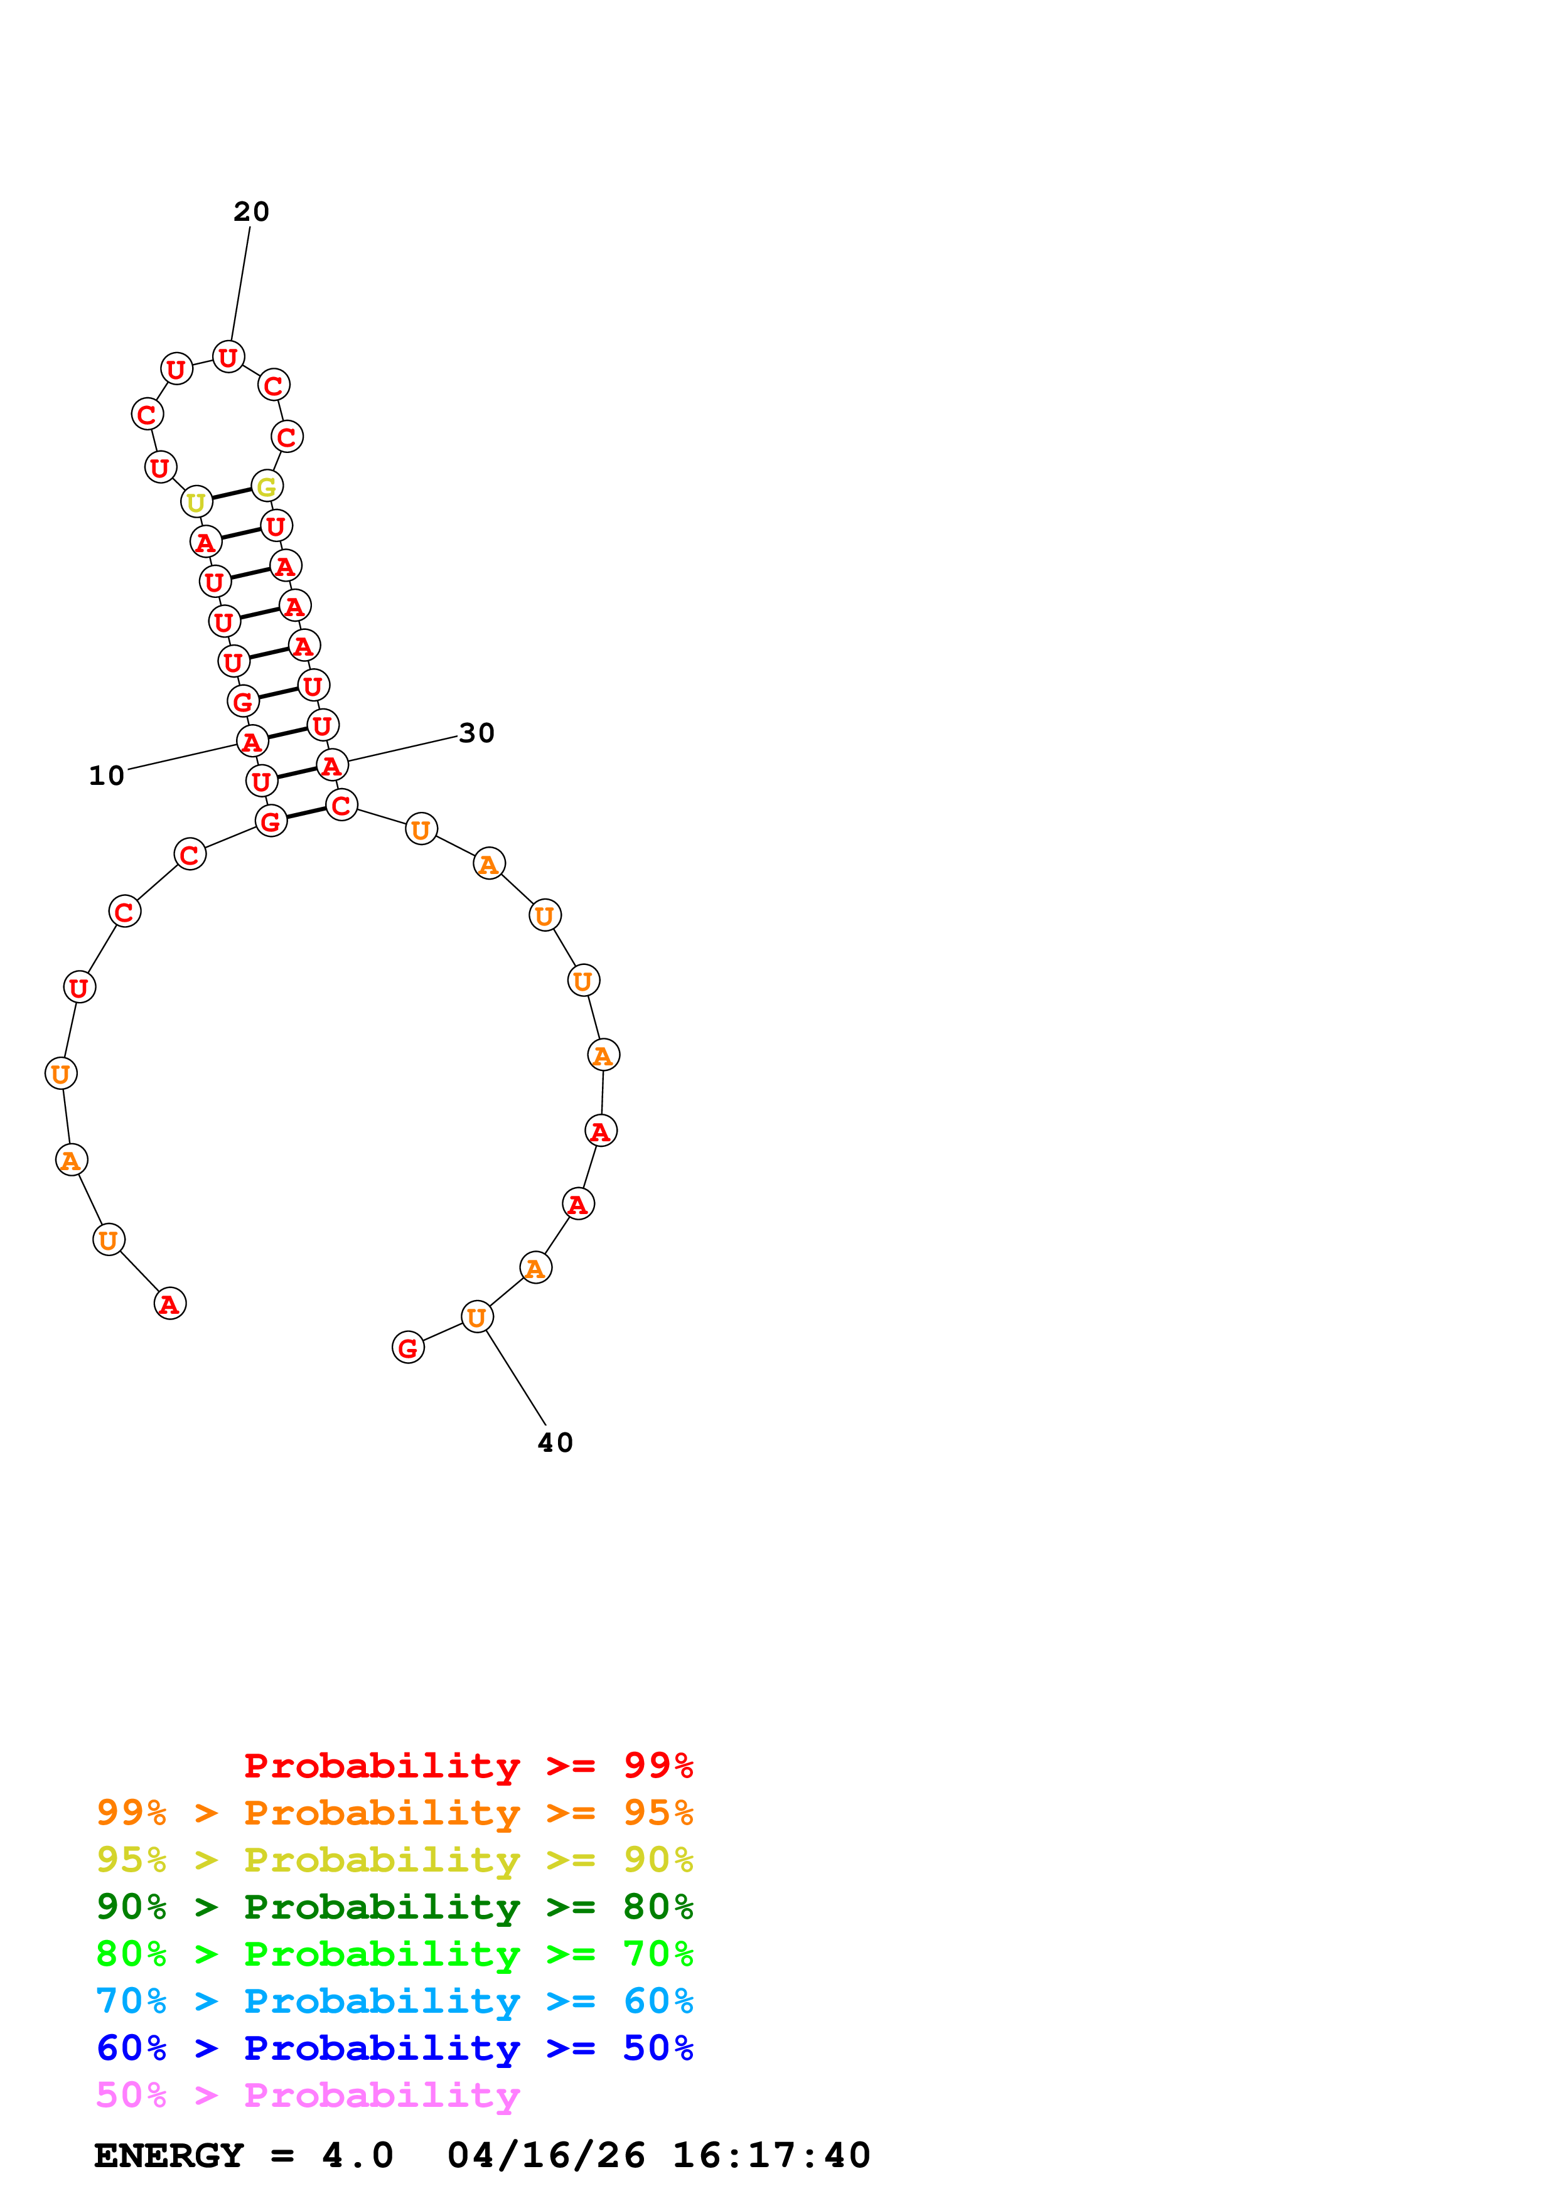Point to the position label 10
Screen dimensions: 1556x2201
pyautogui.click(x=107, y=775)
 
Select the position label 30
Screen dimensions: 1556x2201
pyautogui.click(x=476, y=733)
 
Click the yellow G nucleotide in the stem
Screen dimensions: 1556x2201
pyautogui.click(x=267, y=487)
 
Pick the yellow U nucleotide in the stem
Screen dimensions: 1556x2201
pyautogui.click(x=196, y=503)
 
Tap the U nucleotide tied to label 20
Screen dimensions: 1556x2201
pyautogui.click(x=228, y=358)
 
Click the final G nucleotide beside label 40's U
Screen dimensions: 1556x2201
pyautogui.click(x=409, y=1348)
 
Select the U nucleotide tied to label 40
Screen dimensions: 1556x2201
pyautogui.click(x=476, y=1317)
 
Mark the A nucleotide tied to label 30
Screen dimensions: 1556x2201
pyautogui.click(x=331, y=766)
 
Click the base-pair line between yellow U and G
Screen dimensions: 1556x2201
pyautogui.click(x=231, y=494)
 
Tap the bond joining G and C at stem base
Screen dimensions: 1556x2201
pyautogui.click(x=306, y=813)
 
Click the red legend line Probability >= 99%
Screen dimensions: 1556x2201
pyautogui.click(x=468, y=1766)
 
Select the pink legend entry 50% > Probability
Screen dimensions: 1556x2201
pyautogui.click(x=308, y=2096)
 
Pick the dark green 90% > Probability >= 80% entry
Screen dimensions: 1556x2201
pyautogui.click(x=394, y=1907)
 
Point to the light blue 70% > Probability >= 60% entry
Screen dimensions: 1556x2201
pyautogui.click(x=394, y=2001)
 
